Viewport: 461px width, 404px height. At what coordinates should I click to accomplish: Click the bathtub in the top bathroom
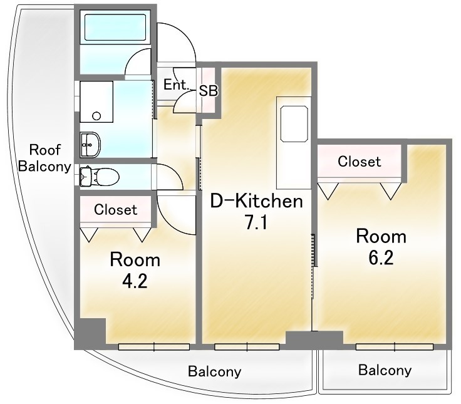(117, 30)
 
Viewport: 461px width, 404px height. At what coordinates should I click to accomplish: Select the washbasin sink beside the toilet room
(90, 145)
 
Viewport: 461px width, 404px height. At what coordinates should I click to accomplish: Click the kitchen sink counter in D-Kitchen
(293, 123)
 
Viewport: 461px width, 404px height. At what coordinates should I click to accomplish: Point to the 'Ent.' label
(175, 85)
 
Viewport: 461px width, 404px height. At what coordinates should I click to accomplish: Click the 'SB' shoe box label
(209, 90)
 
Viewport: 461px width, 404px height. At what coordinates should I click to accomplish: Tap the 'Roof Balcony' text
(44, 158)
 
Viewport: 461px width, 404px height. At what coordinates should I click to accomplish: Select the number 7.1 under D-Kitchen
(256, 222)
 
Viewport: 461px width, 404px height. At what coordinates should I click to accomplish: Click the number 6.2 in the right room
(381, 257)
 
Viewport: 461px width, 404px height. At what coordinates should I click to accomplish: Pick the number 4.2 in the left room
(135, 280)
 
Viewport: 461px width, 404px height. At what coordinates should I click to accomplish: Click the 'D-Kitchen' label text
(256, 202)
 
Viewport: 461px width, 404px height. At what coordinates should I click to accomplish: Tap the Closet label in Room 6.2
(359, 162)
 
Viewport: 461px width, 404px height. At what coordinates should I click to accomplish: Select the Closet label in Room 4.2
(115, 210)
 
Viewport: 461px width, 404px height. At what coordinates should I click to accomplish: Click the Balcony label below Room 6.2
(385, 370)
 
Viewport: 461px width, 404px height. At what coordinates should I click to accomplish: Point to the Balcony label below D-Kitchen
(215, 371)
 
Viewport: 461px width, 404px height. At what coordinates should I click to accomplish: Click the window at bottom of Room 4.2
(154, 346)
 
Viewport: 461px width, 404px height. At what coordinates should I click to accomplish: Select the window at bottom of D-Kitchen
(246, 346)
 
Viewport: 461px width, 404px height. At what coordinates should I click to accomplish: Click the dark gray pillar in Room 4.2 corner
(90, 332)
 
